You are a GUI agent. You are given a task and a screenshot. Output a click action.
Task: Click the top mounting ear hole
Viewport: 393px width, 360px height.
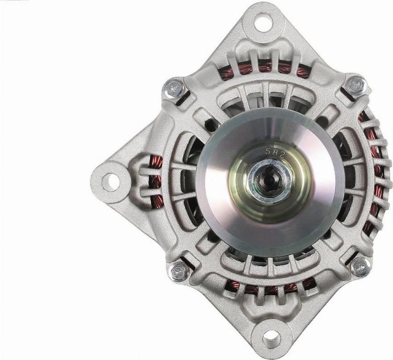pyautogui.click(x=262, y=22)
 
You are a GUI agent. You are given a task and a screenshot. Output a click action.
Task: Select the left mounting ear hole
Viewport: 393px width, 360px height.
pyautogui.click(x=110, y=181)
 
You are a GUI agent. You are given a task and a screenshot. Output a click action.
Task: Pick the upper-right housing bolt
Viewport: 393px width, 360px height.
pyautogui.click(x=355, y=85)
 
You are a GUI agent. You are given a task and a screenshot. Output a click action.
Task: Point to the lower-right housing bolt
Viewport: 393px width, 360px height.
pyautogui.click(x=360, y=266)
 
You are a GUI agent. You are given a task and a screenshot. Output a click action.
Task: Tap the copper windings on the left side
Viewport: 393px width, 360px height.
pyautogui.click(x=156, y=181)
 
